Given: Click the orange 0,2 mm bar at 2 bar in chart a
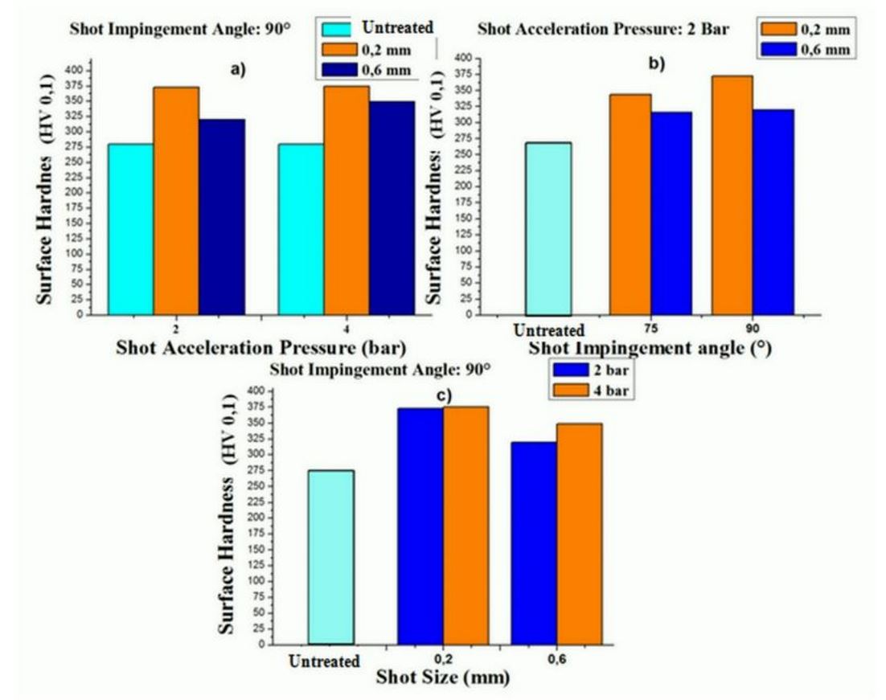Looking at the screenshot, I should click(176, 201).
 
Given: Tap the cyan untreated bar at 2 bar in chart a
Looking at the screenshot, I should click(130, 229).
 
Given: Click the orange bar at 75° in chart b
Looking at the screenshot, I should click(630, 204).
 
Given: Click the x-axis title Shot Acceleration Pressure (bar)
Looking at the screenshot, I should click(260, 348).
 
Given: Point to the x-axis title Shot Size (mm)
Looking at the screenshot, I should click(443, 677).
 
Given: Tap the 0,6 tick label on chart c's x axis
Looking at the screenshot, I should click(556, 659).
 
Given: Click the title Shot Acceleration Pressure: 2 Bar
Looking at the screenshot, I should click(603, 30).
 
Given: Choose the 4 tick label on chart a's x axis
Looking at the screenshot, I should click(347, 330).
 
